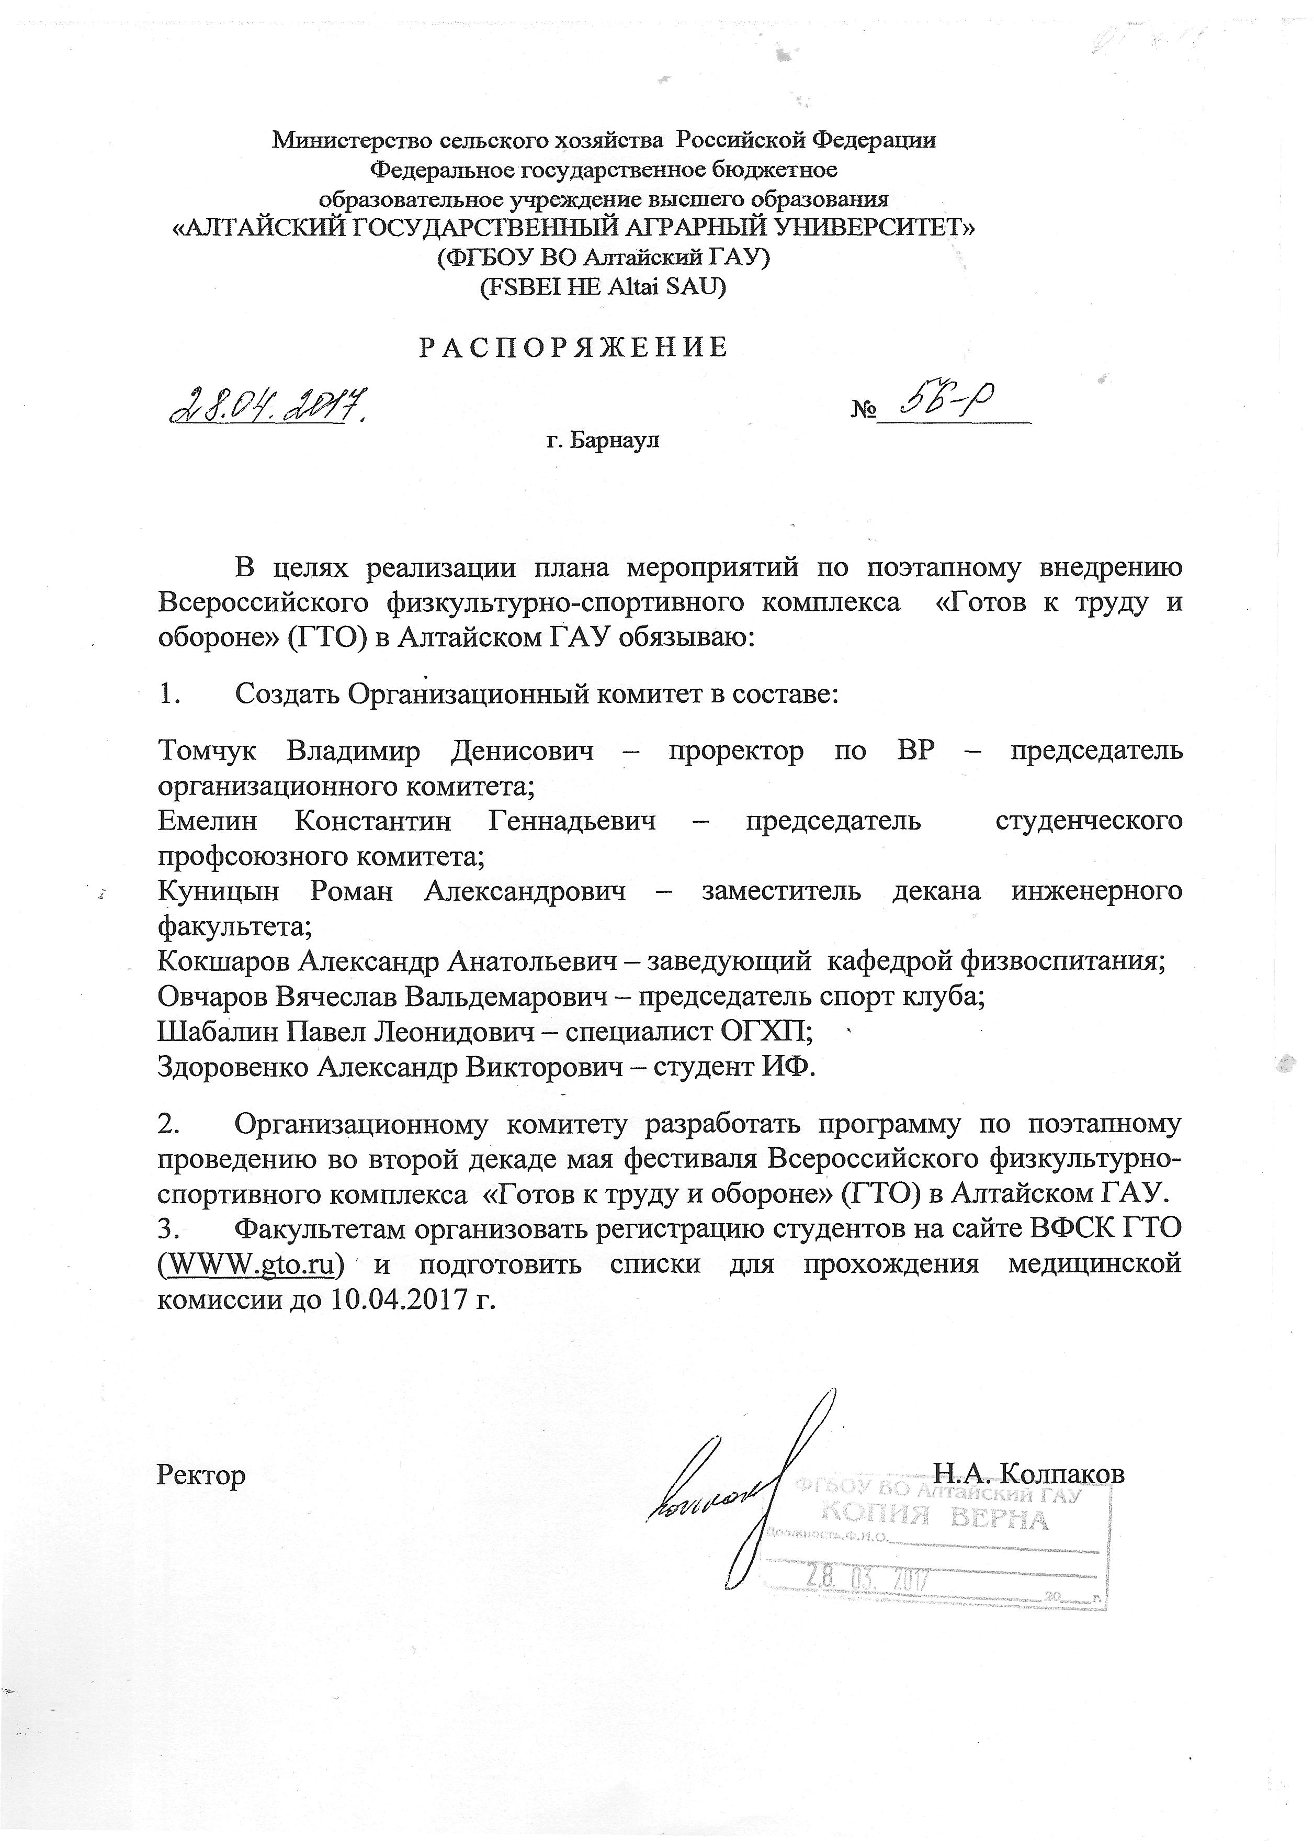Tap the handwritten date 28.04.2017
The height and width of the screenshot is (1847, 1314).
tap(267, 407)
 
